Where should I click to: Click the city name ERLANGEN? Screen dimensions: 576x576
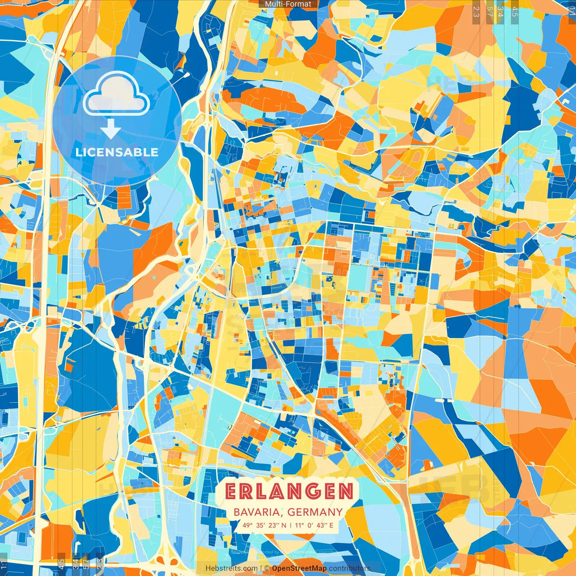pos(289,491)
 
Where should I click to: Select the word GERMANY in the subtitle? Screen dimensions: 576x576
pos(315,512)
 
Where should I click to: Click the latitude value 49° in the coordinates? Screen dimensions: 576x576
pos(247,525)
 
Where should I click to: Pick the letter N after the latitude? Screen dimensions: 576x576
pos(283,525)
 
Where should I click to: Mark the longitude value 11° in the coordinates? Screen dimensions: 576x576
pos(300,525)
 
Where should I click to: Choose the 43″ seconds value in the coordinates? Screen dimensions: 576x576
pos(323,525)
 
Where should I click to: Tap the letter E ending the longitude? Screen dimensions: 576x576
pos(331,525)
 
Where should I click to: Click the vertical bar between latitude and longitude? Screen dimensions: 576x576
pos(291,525)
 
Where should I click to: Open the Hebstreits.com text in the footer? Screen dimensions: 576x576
pos(231,568)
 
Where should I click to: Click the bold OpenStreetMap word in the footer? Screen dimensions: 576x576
pos(299,568)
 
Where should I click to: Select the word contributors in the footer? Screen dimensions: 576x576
pos(349,568)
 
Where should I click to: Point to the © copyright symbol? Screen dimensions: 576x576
pos(267,568)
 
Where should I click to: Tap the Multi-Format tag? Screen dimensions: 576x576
pos(288,4)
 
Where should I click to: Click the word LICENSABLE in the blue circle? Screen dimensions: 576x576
pos(117,152)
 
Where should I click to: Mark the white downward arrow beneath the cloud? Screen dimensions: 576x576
pos(111,129)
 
